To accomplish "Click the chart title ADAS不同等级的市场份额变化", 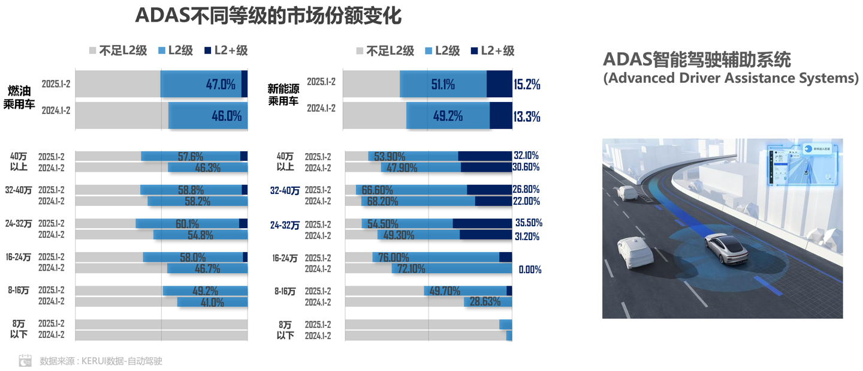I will pyautogui.click(x=268, y=16).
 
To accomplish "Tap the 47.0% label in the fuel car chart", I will pyautogui.click(x=221, y=85).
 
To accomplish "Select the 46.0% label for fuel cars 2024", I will pyautogui.click(x=227, y=116).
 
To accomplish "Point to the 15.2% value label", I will pyautogui.click(x=527, y=85).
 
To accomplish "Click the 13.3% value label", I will pyautogui.click(x=527, y=116).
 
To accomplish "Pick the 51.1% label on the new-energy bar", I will pyautogui.click(x=443, y=85).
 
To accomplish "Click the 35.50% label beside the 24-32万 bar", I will pyautogui.click(x=529, y=223).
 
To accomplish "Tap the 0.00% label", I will pyautogui.click(x=530, y=270).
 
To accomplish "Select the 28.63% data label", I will pyautogui.click(x=485, y=302).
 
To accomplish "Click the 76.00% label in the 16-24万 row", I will pyautogui.click(x=394, y=258).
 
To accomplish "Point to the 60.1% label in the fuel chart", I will pyautogui.click(x=187, y=224).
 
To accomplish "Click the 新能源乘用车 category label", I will pyautogui.click(x=283, y=95).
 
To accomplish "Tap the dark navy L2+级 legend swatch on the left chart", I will pyautogui.click(x=208, y=50).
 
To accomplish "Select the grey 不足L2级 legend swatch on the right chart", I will pyautogui.click(x=360, y=51).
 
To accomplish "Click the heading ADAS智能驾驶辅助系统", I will pyautogui.click(x=696, y=59).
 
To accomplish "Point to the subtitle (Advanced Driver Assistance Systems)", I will pyautogui.click(x=731, y=79).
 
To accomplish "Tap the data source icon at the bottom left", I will pyautogui.click(x=25, y=360).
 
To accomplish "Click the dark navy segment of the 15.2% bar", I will pyautogui.click(x=499, y=84).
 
